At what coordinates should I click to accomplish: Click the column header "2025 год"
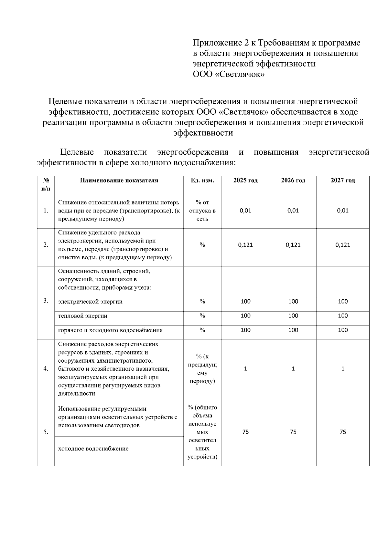245,181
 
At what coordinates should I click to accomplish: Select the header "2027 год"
343,181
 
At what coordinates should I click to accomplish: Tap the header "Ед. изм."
202,181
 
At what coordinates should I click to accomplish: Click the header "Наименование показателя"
119,181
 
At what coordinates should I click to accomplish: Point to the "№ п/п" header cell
46,184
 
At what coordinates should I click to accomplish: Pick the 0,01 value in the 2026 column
293,211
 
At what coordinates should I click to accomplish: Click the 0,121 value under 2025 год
245,245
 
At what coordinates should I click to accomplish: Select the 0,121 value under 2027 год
343,245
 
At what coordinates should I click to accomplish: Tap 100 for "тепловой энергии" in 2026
293,316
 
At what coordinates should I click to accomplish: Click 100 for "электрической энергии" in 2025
245,302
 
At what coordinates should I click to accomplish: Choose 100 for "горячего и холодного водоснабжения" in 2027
343,330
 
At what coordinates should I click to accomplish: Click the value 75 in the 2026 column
293,432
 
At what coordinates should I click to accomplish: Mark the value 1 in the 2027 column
343,369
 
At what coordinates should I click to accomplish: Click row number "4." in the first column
46,369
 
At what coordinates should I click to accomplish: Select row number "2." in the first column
46,245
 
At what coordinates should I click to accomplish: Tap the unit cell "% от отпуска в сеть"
202,211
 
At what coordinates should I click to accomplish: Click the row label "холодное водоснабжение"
93,449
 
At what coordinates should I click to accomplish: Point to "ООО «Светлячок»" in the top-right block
229,75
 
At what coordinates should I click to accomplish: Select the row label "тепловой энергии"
83,316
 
